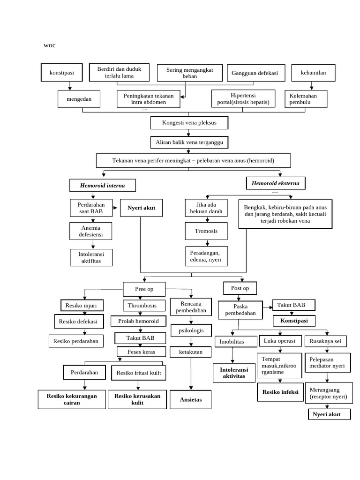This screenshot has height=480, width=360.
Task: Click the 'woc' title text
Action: (x=49, y=45)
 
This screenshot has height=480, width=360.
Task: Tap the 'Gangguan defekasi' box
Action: (x=255, y=73)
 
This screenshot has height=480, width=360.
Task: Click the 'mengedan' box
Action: (x=79, y=99)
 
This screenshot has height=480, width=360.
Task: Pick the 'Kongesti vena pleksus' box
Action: (x=189, y=123)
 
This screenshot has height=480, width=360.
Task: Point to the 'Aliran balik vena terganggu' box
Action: (x=189, y=142)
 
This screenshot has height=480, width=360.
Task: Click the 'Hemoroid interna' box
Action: (x=103, y=185)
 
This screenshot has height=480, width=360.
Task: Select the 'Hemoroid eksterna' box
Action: (x=276, y=183)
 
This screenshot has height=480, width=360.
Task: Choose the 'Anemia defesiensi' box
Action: (x=92, y=231)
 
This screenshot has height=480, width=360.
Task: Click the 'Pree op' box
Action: (x=144, y=289)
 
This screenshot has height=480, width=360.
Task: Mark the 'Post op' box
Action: (x=240, y=288)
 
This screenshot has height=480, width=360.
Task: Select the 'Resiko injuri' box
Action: (x=81, y=306)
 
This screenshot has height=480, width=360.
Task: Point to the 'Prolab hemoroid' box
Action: (x=138, y=322)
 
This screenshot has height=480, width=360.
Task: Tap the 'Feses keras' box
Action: (x=141, y=352)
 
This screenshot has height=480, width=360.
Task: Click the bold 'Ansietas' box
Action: (x=190, y=399)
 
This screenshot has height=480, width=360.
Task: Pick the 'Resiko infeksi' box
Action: (x=280, y=392)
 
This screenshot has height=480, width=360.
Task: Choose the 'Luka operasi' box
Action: (x=279, y=341)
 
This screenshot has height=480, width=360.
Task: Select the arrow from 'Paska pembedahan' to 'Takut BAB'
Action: (x=268, y=307)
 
